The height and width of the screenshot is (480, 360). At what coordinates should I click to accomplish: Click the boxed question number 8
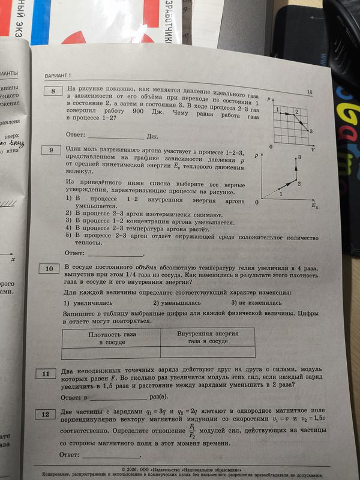pos(54,91)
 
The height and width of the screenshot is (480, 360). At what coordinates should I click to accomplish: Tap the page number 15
pos(310,92)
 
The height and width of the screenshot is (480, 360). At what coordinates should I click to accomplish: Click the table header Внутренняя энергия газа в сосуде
pos(208,337)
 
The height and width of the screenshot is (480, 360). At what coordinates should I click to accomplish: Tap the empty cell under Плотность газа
pos(112,352)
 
